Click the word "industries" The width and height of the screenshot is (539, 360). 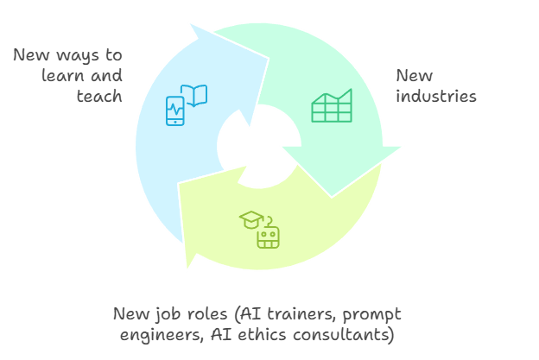click(436, 96)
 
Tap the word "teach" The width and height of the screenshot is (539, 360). click(100, 96)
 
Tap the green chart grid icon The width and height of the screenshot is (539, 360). click(332, 105)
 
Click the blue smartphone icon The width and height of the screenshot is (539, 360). click(175, 111)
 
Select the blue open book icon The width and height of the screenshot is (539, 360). click(196, 94)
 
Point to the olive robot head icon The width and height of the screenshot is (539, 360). click(269, 236)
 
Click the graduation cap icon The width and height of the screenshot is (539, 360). click(250, 219)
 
